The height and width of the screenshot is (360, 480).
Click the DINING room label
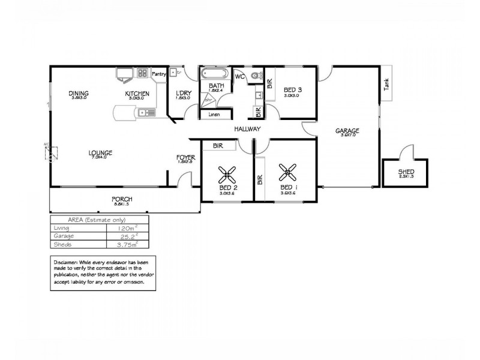(79, 93)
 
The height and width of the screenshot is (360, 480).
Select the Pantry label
(159, 74)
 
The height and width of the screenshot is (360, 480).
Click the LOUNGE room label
(100, 152)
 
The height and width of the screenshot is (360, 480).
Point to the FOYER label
(184, 158)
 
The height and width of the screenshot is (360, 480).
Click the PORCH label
(121, 199)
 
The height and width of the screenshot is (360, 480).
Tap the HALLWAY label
(247, 129)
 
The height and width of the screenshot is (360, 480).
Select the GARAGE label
(347, 130)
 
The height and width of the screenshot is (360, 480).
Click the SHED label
(406, 173)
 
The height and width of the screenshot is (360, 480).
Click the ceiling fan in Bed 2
(228, 174)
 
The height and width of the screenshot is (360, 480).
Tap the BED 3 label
(293, 90)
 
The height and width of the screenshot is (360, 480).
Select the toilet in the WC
(256, 76)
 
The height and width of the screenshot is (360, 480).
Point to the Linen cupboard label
(214, 114)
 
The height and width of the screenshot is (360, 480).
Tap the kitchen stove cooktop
(143, 74)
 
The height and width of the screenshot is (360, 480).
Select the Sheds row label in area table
(61, 244)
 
